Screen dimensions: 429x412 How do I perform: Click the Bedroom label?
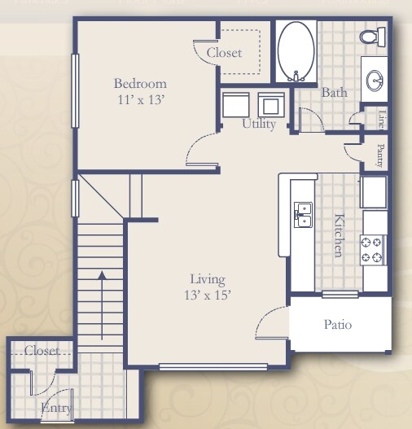click(x=140, y=84)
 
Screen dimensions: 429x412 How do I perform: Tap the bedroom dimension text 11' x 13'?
click(x=140, y=99)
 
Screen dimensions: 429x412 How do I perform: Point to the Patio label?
click(x=337, y=325)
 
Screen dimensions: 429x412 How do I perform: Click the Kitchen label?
click(x=338, y=235)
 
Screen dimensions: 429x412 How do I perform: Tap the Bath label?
click(x=334, y=93)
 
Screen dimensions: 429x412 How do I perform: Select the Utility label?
click(x=259, y=125)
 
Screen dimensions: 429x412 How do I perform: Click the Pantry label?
click(x=380, y=155)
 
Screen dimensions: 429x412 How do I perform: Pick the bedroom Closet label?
click(x=224, y=53)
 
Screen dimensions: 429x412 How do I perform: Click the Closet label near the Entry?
click(x=42, y=351)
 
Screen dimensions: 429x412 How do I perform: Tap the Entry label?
click(x=56, y=408)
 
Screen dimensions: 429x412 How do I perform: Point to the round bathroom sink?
click(x=375, y=80)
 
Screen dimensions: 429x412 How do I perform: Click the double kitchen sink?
click(x=303, y=214)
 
